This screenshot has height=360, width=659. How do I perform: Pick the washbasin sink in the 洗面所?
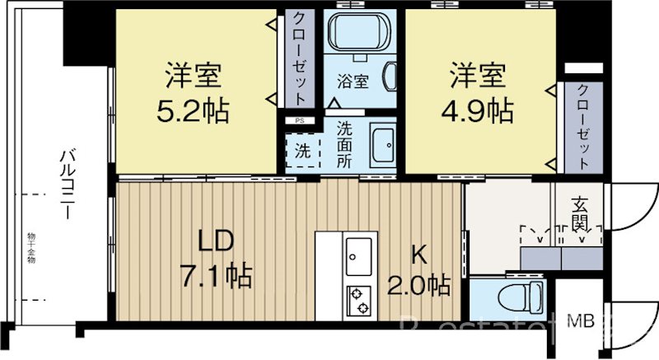[381, 146]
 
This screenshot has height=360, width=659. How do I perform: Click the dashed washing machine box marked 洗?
[303, 152]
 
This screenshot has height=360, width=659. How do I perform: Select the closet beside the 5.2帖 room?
[298, 56]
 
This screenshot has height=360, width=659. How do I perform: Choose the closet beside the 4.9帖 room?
[583, 126]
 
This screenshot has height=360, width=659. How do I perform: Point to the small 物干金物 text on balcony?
[30, 248]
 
